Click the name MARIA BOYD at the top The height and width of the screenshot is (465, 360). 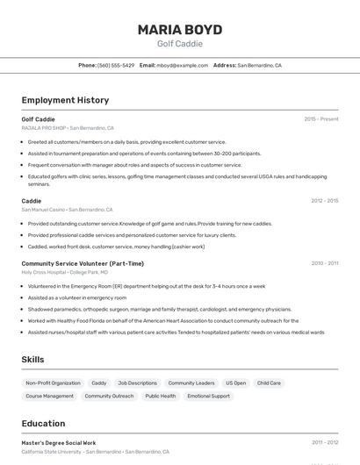pos(179,29)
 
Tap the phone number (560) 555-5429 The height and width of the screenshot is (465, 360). pos(116,65)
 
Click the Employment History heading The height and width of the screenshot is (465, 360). pos(65,100)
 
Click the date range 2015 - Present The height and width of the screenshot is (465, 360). pos(321,119)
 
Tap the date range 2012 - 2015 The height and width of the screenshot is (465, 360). pos(324,201)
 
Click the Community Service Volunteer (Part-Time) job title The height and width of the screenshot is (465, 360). pos(83,263)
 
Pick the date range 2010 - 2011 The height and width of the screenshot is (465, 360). pos(324,263)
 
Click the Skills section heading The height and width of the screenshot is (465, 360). pos(33,360)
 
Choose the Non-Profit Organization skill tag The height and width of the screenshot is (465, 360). pos(53,383)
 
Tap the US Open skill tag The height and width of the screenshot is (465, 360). pos(235,383)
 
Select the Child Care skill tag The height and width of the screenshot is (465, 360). pos(269,383)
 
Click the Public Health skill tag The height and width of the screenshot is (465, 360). pos(161,397)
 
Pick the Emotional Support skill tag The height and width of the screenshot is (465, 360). pos(208,397)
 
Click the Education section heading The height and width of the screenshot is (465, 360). pos(43,424)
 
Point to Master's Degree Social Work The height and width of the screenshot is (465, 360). pos(59,443)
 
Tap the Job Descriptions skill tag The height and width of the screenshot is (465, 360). pos(137,383)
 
